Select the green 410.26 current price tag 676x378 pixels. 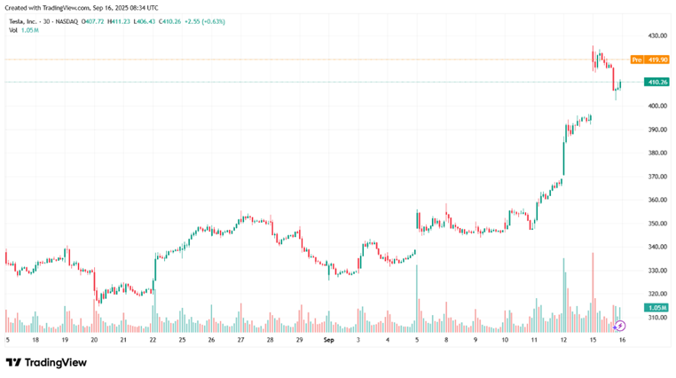click(657, 82)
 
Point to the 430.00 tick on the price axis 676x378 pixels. click(657, 35)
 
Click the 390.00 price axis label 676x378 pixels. click(657, 130)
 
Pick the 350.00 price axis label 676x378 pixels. click(657, 224)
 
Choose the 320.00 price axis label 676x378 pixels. click(657, 294)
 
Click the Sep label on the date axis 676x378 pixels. click(328, 340)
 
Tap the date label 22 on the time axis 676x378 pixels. click(153, 340)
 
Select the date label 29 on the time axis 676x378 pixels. click(299, 340)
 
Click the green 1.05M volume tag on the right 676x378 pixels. click(657, 308)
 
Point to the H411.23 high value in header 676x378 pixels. click(120, 20)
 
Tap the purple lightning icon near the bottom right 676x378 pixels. click(620, 326)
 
